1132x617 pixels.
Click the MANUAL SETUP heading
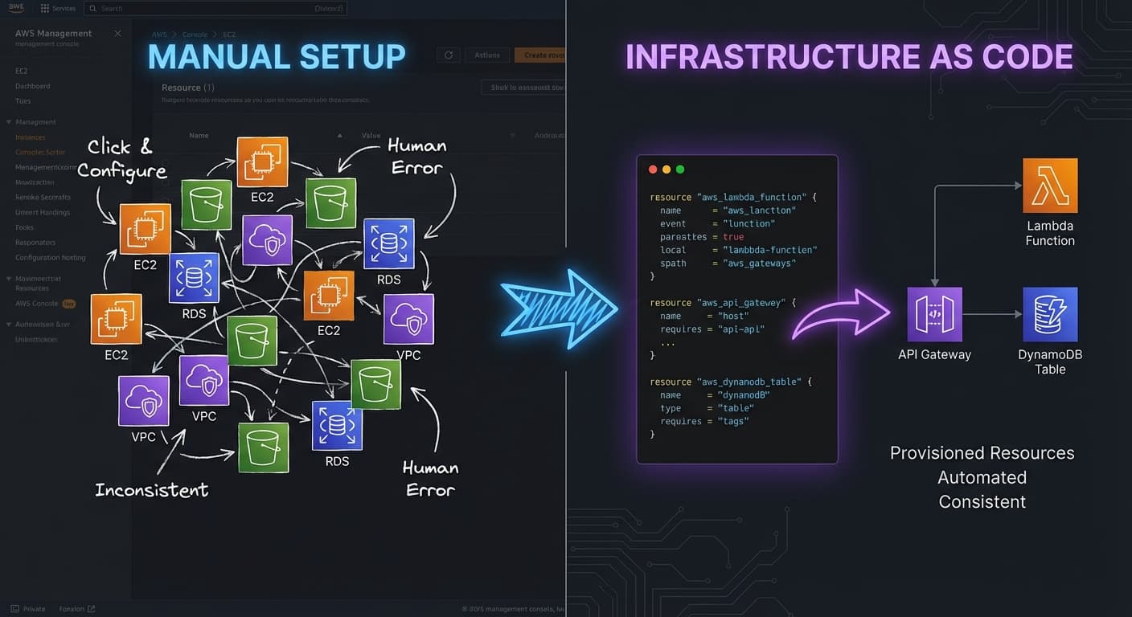point(277,57)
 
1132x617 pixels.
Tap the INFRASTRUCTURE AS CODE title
point(849,57)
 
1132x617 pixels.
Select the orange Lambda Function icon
point(1050,185)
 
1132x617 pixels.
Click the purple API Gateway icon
point(934,315)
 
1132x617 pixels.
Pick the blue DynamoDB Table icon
point(1050,315)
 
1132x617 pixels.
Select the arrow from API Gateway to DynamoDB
point(992,315)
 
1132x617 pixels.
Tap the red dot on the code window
point(653,170)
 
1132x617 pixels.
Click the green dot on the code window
point(680,170)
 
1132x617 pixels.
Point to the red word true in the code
point(733,237)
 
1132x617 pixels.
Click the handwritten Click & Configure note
point(121,158)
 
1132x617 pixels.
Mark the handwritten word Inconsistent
point(151,489)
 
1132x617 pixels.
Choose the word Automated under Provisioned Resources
point(982,477)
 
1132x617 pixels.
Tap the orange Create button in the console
point(540,55)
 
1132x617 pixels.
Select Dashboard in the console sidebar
point(33,86)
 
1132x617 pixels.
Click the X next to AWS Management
point(117,34)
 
